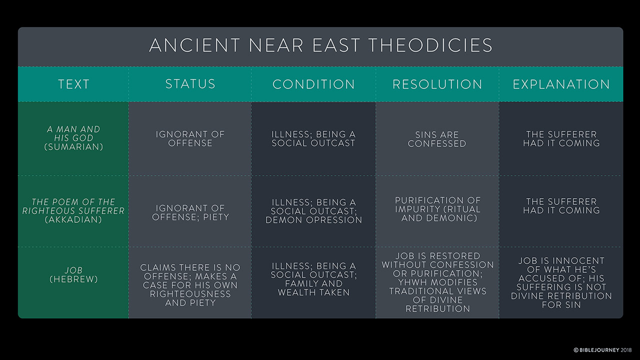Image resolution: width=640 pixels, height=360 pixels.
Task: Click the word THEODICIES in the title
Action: click(430, 45)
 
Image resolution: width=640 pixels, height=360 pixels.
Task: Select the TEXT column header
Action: click(74, 84)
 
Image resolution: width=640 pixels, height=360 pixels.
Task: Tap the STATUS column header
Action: click(190, 84)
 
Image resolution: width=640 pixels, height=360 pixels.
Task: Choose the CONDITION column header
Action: click(313, 84)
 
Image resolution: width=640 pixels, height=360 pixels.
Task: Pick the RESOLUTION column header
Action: click(437, 84)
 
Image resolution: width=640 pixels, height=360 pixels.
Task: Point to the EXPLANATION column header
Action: click(561, 84)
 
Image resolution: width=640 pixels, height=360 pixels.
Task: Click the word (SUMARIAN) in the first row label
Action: click(73, 147)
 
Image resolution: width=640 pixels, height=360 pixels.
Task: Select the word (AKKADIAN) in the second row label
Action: click(73, 219)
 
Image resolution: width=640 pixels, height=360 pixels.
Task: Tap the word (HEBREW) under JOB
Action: click(73, 279)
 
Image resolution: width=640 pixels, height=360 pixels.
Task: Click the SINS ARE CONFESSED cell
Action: click(437, 139)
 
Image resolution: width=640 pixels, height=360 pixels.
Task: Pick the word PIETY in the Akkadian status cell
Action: click(216, 217)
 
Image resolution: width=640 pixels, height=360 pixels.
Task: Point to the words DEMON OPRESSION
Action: click(313, 220)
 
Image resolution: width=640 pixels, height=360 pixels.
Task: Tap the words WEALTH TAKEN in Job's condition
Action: click(313, 292)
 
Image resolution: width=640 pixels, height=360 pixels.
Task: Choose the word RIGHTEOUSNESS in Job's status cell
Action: click(190, 294)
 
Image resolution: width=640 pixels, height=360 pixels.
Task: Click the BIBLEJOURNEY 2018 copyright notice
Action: click(602, 350)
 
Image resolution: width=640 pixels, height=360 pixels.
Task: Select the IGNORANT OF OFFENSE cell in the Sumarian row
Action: click(190, 138)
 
